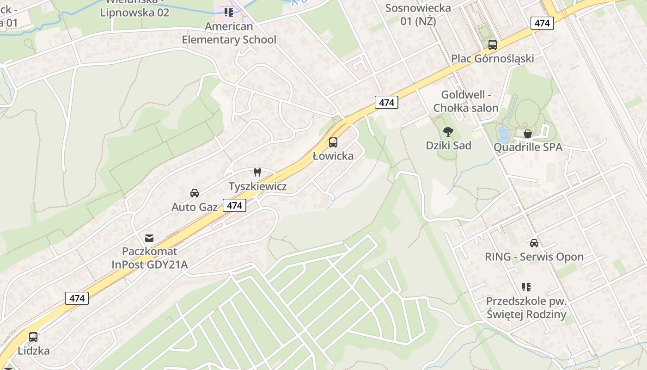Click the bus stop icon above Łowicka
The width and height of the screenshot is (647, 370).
(333, 142)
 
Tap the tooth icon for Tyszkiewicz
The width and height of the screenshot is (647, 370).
(257, 173)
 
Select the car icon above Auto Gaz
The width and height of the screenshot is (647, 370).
(195, 193)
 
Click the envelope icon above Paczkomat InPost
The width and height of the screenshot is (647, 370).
(149, 238)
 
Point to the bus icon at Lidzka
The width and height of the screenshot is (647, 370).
(33, 337)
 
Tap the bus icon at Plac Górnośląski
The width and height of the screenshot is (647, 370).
(493, 45)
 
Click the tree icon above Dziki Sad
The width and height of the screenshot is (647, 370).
(448, 132)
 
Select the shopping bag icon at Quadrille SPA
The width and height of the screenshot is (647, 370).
(528, 134)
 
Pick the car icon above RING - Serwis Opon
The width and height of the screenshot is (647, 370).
(534, 243)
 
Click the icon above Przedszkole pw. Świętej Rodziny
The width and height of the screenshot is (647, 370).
(526, 287)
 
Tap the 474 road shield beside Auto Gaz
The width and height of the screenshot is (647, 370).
(235, 205)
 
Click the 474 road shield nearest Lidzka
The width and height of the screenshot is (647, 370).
(77, 298)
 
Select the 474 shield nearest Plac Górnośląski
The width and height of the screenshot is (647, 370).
(542, 23)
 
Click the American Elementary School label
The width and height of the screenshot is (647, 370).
(229, 33)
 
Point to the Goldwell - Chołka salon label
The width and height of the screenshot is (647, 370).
(466, 101)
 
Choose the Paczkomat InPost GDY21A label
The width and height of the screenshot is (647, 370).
(150, 258)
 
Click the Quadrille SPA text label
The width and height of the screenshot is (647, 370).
(528, 147)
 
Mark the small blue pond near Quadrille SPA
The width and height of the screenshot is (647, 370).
(503, 135)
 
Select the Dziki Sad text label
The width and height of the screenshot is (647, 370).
(448, 145)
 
